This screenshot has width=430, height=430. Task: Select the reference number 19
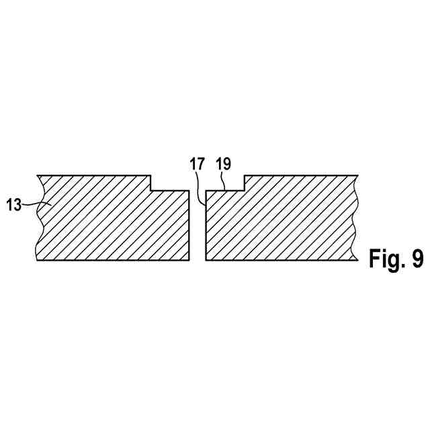[222, 163]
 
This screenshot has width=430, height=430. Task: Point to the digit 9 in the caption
[416, 259]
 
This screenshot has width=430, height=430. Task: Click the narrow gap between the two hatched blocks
[198, 228]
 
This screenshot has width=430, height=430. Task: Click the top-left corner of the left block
[38, 176]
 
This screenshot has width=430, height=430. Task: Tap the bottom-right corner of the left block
[189, 259]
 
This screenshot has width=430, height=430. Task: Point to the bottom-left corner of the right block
[206, 259]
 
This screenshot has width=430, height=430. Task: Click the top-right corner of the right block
[355, 176]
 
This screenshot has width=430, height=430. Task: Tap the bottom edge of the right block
[279, 259]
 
